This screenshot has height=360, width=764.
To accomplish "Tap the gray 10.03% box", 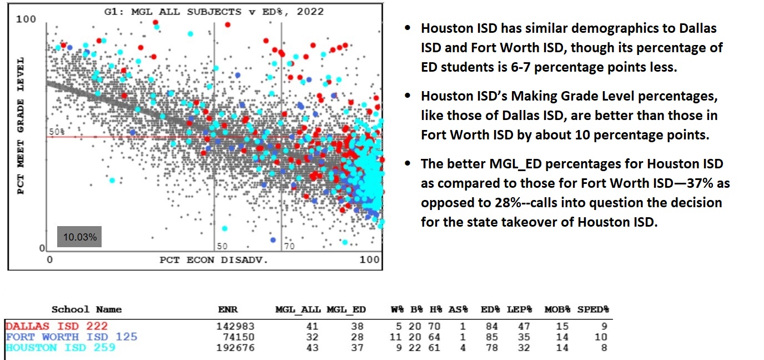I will pos(80,237).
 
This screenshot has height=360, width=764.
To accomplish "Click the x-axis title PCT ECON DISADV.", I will pos(214,259).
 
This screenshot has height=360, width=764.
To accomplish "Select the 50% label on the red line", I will pos(57,132).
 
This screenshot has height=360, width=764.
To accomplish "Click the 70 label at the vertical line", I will pos(289,246).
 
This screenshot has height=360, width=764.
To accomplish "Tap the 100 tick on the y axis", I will pos(26,19).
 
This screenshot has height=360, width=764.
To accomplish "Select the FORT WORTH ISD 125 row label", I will pos(71,337).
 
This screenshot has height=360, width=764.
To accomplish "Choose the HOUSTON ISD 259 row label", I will pos(61,348).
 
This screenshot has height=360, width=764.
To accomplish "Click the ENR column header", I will pos(227,309).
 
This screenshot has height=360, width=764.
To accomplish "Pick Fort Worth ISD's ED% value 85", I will pos(491,337).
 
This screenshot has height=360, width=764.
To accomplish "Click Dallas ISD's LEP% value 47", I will pos(524,326).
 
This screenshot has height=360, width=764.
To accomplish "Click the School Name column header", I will pos(86,309).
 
